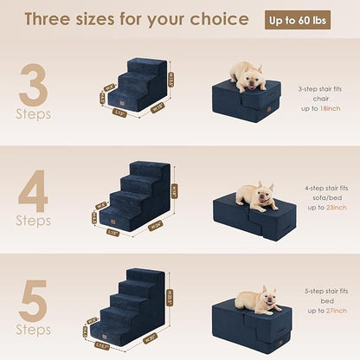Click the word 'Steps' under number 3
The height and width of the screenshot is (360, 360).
[x=33, y=114]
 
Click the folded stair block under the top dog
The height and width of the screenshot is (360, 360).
[x=247, y=103]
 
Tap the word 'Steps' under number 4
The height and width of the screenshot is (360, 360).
[x=33, y=221]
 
